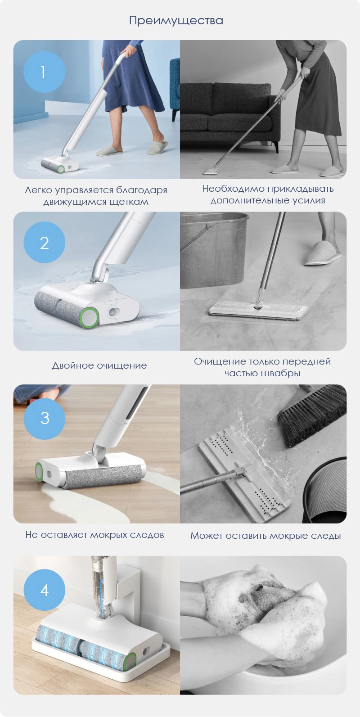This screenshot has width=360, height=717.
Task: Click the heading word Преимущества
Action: tap(176, 21)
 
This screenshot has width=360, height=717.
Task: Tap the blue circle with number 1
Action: tap(44, 72)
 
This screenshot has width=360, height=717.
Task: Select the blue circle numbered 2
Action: tap(44, 242)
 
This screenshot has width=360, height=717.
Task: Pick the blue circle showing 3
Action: tap(44, 418)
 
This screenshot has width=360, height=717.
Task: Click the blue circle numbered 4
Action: tap(44, 590)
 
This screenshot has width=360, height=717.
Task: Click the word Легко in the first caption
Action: tap(38, 190)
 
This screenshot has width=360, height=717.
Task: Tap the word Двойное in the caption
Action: tap(72, 365)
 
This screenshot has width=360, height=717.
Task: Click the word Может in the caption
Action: tap(206, 536)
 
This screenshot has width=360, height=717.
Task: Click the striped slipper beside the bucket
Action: tap(323, 253)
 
